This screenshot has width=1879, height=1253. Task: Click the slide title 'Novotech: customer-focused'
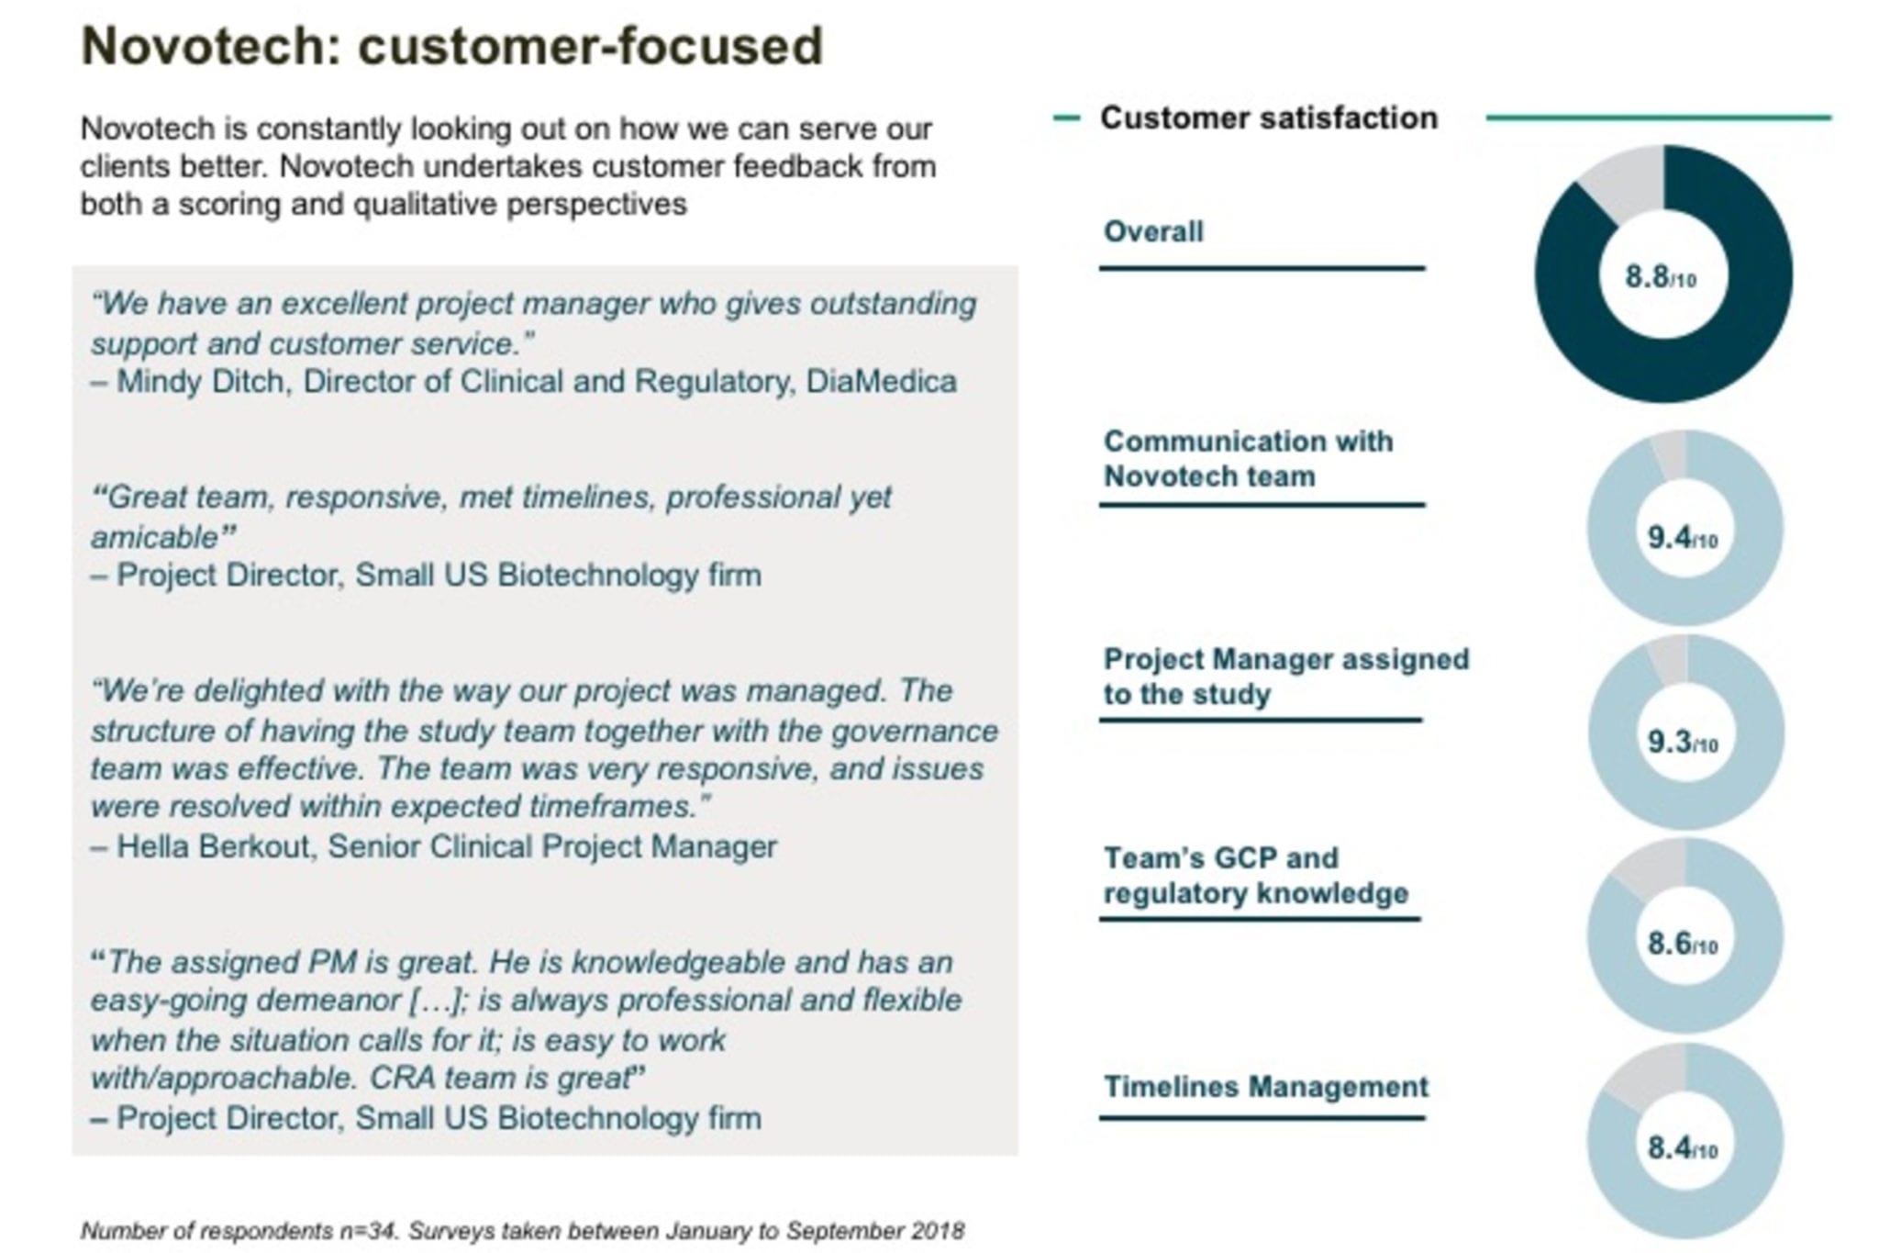point(452,46)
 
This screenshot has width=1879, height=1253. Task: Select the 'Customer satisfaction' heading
point(1269,117)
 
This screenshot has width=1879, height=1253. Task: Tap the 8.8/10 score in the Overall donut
point(1661,276)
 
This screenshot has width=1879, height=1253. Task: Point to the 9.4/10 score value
point(1683,537)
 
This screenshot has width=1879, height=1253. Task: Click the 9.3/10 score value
point(1683,742)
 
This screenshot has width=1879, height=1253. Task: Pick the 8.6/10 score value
point(1683,943)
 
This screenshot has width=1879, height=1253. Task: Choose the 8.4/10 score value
point(1683,1147)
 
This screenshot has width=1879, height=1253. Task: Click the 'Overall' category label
point(1153,231)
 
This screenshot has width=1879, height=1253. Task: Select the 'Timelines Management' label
point(1266,1087)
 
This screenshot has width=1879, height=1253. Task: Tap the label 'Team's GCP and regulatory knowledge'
point(1255,876)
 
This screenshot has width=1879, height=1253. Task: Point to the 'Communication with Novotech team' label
point(1248,459)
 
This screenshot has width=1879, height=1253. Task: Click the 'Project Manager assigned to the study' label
point(1286,677)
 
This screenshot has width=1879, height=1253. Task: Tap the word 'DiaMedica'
point(881,381)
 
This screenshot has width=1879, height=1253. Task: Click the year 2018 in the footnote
point(938,1231)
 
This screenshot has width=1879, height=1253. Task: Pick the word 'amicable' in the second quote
point(154,537)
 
